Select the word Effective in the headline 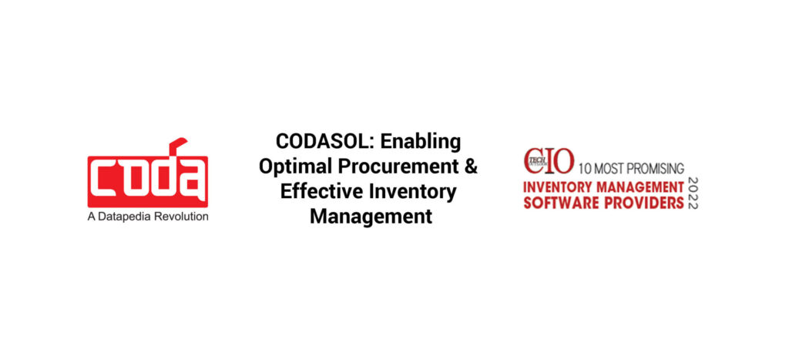(320, 191)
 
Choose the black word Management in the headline (371, 217)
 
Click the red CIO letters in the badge (549, 161)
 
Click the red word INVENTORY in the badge (558, 187)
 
